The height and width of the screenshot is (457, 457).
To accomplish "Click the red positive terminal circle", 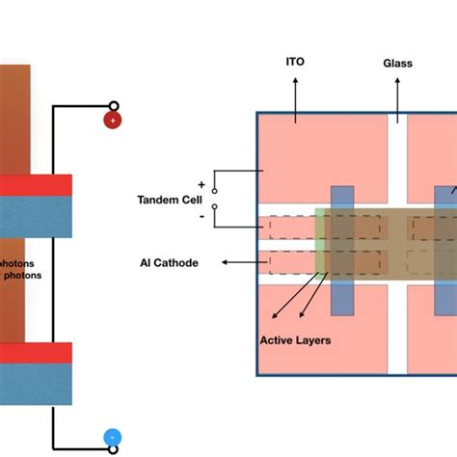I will (x=113, y=121).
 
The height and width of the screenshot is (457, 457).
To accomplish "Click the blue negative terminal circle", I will (x=113, y=439).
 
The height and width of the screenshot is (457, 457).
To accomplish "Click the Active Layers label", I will (x=294, y=339).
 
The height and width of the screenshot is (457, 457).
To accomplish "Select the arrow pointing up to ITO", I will (x=296, y=92).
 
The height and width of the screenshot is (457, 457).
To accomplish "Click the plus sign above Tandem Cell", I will (x=201, y=183).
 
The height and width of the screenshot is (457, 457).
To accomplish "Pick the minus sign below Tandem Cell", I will (x=201, y=218).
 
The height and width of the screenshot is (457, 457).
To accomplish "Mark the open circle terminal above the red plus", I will (x=113, y=106).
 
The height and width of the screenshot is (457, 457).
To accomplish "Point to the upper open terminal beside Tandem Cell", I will (x=214, y=191).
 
